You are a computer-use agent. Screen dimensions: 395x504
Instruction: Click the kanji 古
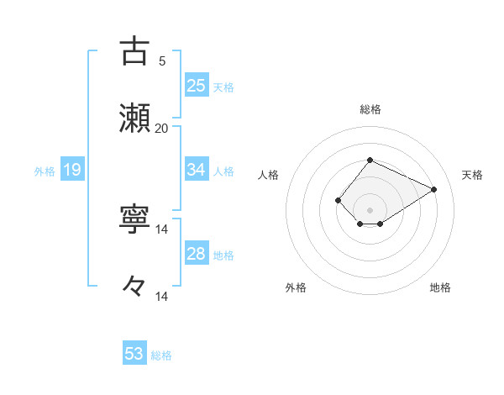point(134,51)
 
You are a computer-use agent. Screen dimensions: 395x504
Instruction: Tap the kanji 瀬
point(134,118)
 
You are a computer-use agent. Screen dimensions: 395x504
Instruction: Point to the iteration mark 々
point(134,286)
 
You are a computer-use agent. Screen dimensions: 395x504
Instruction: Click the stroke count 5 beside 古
point(161,61)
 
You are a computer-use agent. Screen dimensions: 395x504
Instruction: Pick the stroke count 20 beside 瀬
point(161,128)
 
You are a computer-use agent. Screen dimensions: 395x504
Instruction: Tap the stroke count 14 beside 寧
point(161,229)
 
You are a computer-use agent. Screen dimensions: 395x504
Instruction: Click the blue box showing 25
point(196,86)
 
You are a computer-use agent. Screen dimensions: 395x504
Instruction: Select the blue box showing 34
point(196,170)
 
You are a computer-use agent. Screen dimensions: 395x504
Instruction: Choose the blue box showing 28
point(196,254)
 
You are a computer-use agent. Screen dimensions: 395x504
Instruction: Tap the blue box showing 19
point(71,170)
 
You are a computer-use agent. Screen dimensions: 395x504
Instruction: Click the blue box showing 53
point(134,354)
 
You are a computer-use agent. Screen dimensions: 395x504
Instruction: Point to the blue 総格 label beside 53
point(161,355)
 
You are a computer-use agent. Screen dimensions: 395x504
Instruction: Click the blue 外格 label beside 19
point(45,171)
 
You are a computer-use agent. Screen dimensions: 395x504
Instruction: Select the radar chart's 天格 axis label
point(472,175)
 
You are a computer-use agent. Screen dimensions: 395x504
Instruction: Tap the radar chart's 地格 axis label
point(440,287)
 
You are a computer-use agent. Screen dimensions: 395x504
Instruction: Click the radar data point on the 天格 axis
point(434,189)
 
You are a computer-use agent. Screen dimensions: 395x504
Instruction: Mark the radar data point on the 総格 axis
point(370,160)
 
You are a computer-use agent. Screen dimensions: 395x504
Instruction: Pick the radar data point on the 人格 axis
point(338,200)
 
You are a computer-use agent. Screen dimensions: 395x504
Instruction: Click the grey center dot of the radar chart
point(370,210)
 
